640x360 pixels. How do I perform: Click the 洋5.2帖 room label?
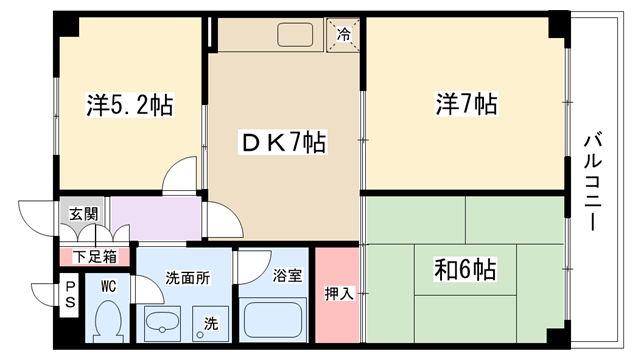click(x=130, y=105)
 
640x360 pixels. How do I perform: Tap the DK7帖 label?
click(x=283, y=142)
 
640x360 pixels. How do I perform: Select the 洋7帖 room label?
click(x=467, y=104)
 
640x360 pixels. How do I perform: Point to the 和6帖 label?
click(x=465, y=269)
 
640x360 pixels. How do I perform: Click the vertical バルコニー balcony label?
click(x=593, y=182)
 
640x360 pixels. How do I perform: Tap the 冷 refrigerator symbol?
click(x=344, y=35)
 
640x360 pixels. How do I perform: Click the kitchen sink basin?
click(x=296, y=35)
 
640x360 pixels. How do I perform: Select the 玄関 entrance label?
click(x=84, y=213)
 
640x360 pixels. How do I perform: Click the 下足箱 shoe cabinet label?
click(x=95, y=257)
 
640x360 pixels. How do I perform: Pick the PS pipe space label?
click(x=70, y=295)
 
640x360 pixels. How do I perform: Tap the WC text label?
click(x=109, y=286)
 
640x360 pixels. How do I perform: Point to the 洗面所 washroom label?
click(x=188, y=278)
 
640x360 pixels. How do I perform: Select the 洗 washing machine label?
click(x=211, y=323)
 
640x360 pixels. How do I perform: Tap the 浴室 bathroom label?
click(x=287, y=276)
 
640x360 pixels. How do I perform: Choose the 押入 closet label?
click(x=340, y=293)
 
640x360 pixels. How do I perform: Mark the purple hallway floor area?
click(x=157, y=217)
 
